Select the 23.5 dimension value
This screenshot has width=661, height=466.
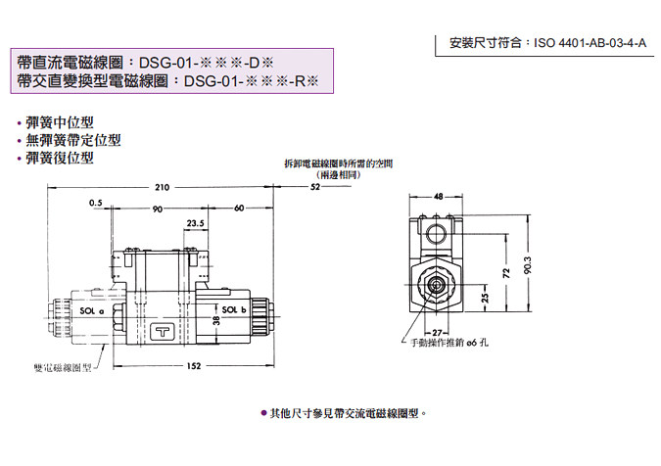coord(196,223)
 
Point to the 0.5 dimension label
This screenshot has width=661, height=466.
coord(95,203)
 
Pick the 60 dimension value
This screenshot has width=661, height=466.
coord(239,208)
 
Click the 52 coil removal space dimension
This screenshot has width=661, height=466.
coord(314,186)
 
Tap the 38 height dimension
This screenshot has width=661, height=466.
coord(217,320)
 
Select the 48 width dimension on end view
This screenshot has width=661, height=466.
coord(437,195)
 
